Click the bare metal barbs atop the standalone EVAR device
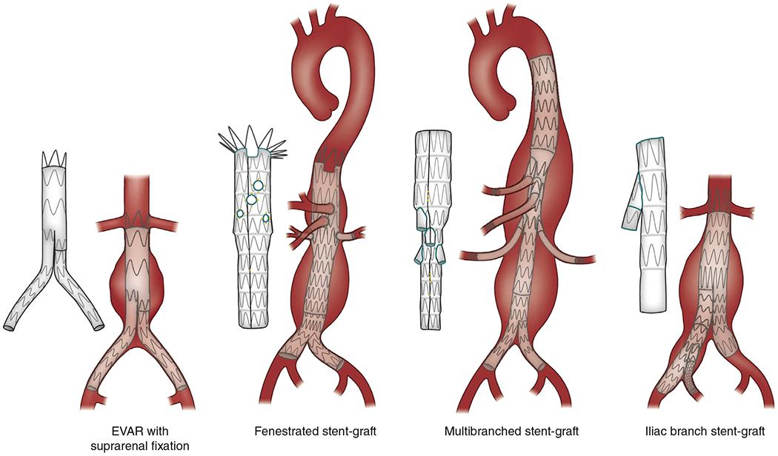tap(54, 158)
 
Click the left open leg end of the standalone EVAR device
tap(11, 326)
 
